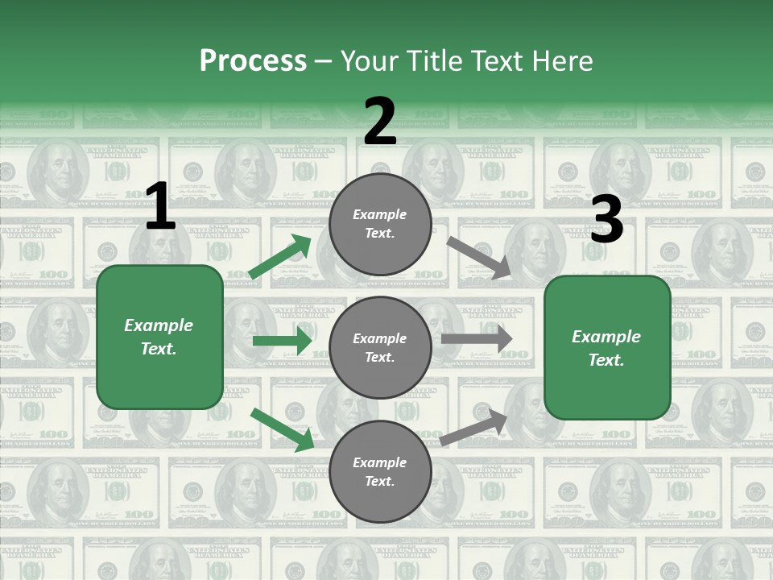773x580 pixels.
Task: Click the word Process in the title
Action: [253, 60]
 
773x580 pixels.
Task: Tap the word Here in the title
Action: [560, 60]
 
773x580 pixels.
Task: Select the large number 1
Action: [160, 207]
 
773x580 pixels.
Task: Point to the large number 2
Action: [380, 121]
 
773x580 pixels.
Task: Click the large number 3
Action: [606, 219]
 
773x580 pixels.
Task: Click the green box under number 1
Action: [159, 337]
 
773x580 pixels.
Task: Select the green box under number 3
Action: [607, 348]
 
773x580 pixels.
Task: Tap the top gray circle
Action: [380, 224]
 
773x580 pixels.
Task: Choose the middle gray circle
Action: [380, 347]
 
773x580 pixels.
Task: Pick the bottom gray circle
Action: [380, 472]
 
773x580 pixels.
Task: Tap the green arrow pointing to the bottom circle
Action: [282, 429]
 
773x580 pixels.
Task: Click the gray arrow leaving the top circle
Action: [478, 257]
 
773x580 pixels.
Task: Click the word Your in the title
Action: [370, 60]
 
